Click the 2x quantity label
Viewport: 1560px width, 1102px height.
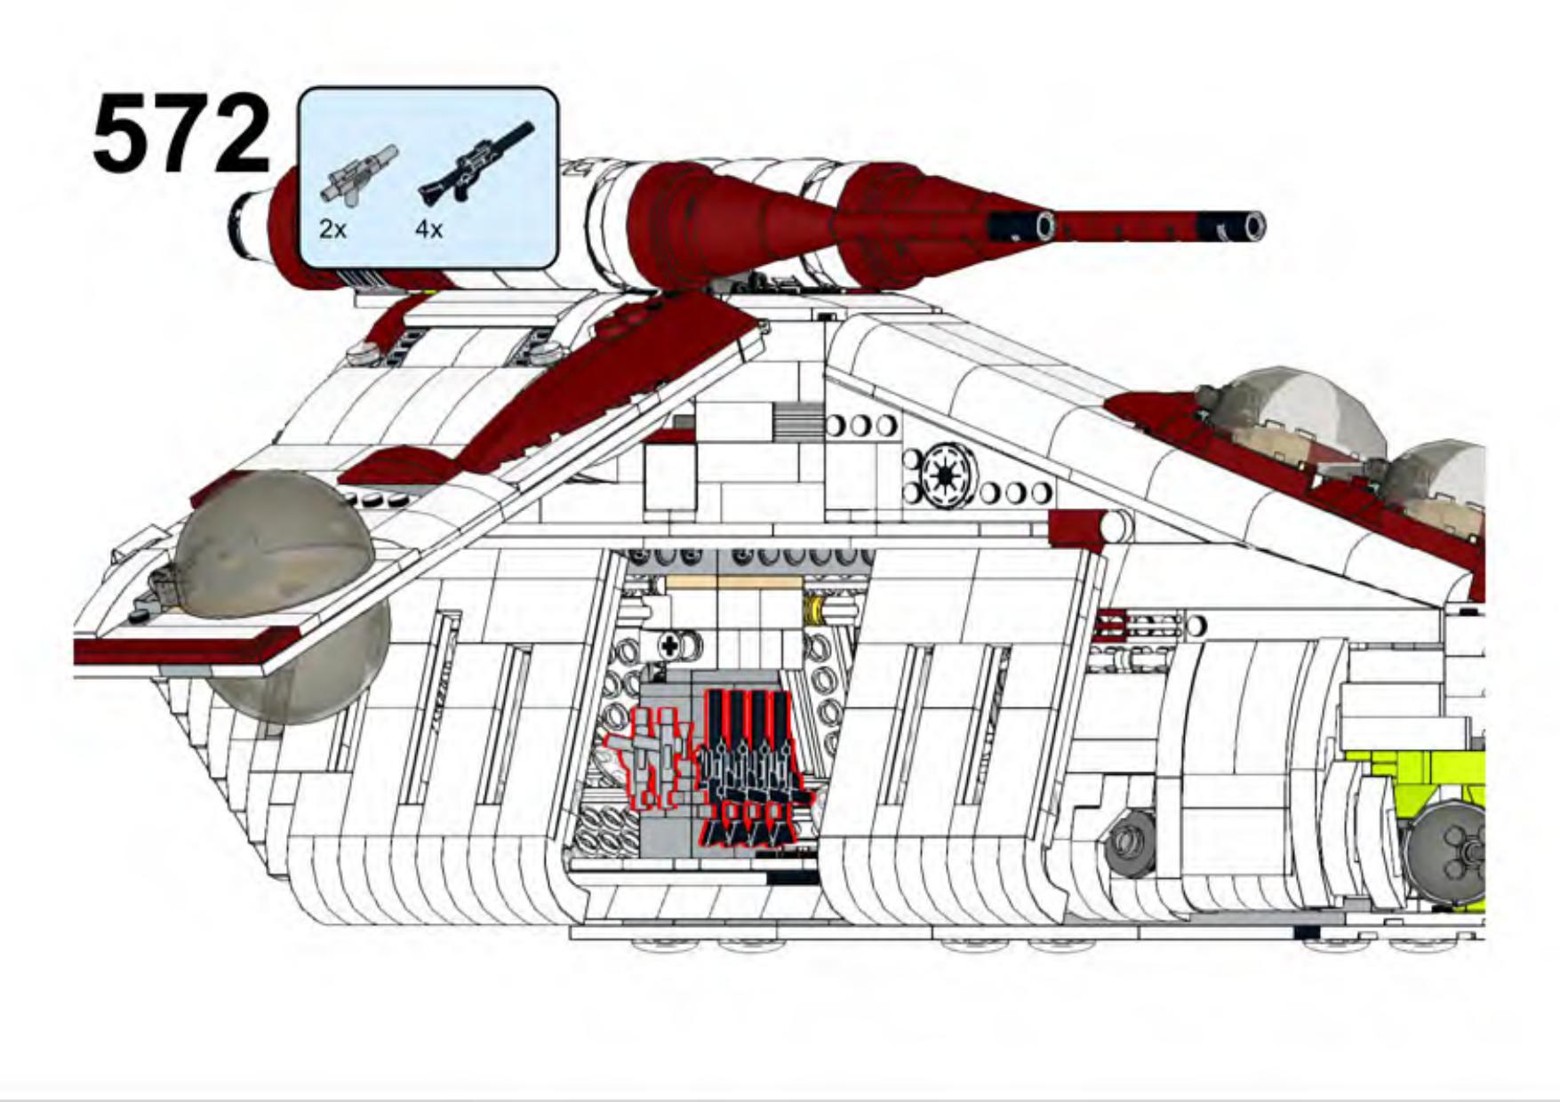[x=332, y=229]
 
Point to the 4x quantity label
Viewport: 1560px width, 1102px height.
[x=428, y=229]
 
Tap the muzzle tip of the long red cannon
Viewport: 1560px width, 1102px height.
[x=1253, y=227]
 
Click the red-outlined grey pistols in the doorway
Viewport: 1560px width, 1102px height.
[x=653, y=755]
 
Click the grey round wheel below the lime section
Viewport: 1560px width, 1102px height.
[x=1447, y=849]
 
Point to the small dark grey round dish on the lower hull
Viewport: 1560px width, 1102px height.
[x=1130, y=840]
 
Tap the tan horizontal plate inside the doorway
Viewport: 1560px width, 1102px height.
[x=733, y=583]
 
